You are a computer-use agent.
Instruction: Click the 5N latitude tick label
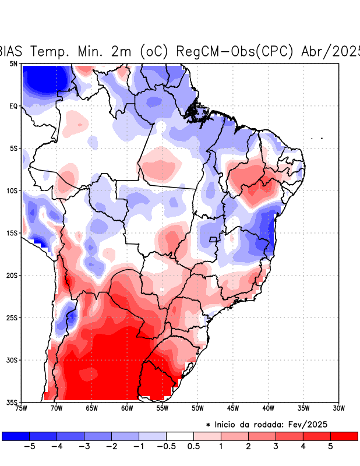pyautogui.click(x=13, y=63)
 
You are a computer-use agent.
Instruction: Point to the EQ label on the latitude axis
pyautogui.click(x=13, y=106)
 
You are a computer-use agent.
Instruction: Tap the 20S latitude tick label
pyautogui.click(x=12, y=276)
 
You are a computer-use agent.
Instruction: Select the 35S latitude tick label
pyautogui.click(x=12, y=403)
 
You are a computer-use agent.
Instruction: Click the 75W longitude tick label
pyautogui.click(x=22, y=408)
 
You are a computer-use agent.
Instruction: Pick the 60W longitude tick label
pyautogui.click(x=127, y=408)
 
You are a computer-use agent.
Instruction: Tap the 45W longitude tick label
pyautogui.click(x=233, y=408)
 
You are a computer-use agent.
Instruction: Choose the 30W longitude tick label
pyautogui.click(x=338, y=408)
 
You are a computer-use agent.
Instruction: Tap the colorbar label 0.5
pyautogui.click(x=193, y=447)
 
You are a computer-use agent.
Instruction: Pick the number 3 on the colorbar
pyautogui.click(x=276, y=447)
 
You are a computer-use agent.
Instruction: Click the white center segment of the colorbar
pyautogui.click(x=180, y=436)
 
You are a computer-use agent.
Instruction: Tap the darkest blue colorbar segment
pyautogui.click(x=16, y=436)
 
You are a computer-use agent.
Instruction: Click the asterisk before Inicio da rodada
pyautogui.click(x=208, y=426)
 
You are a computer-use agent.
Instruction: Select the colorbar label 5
pyautogui.click(x=330, y=447)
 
